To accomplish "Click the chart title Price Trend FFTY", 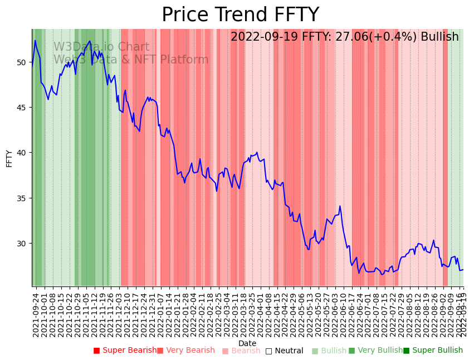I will click(x=240, y=15).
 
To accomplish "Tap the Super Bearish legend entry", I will click(x=125, y=351).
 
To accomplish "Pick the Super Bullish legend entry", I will click(x=433, y=351).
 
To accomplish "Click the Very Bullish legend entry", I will click(x=375, y=351).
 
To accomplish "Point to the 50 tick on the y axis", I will click(x=22, y=62).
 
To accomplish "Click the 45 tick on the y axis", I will click(x=22, y=108).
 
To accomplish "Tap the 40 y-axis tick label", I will click(x=22, y=153).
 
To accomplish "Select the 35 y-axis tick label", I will click(x=22, y=198).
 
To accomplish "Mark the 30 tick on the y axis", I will click(x=22, y=244).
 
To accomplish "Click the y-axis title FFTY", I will click(x=9, y=158).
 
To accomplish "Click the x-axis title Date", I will click(x=247, y=343).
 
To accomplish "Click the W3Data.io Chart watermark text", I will click(x=101, y=47).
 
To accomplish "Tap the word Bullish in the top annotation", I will click(x=439, y=37).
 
